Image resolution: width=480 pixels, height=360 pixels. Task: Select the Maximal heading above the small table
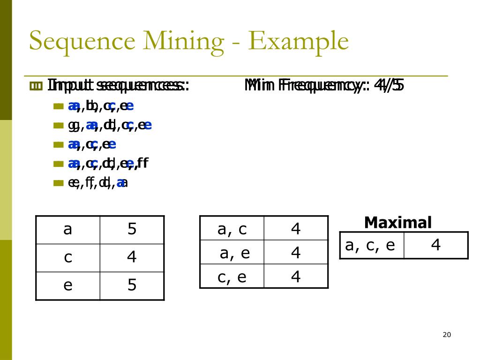tap(397, 223)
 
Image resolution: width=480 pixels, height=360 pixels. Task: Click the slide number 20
tap(446, 335)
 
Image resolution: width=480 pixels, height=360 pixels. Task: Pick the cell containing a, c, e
tap(370, 245)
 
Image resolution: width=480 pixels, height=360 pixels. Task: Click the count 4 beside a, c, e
tap(436, 245)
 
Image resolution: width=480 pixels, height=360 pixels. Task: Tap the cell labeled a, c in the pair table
tap(232, 229)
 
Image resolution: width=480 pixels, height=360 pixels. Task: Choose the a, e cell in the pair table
tap(234, 253)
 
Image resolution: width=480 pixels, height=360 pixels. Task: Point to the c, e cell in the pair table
tap(232, 277)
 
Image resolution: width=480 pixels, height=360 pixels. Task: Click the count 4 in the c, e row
tap(296, 277)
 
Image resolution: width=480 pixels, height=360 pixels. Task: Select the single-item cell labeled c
tap(67, 257)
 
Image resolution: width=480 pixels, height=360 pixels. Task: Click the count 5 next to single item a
tap(132, 229)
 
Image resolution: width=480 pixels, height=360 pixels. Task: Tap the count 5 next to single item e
tap(132, 285)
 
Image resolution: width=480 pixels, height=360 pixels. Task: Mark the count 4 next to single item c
tap(132, 257)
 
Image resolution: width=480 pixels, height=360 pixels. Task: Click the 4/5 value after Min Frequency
tap(390, 85)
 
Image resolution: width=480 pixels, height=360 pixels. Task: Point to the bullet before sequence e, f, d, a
tap(58, 183)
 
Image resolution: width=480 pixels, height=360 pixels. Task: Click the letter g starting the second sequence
tap(73, 126)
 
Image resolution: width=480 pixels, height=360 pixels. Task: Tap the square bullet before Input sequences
tap(36, 86)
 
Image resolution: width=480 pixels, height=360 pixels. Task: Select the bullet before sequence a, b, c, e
tap(58, 106)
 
